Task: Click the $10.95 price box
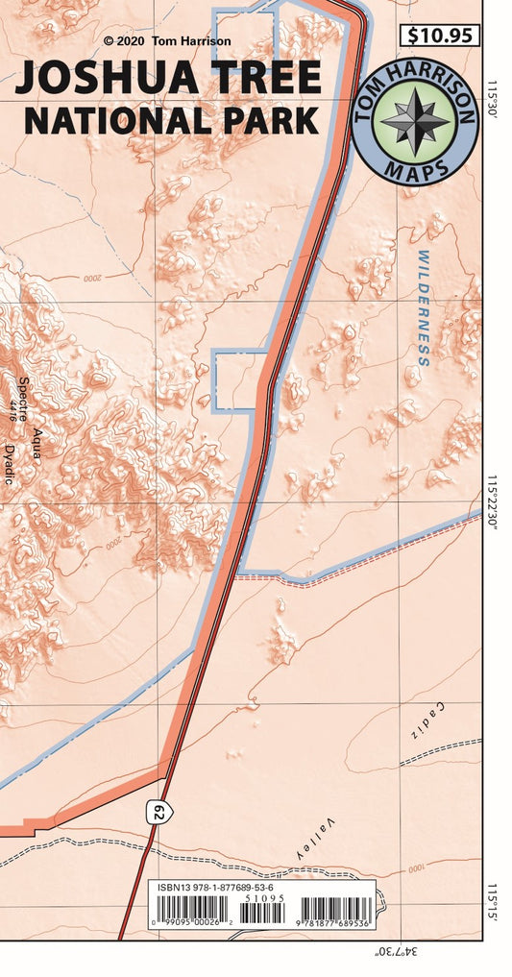click(x=439, y=37)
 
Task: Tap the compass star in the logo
click(x=414, y=121)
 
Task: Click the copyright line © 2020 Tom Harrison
click(x=167, y=41)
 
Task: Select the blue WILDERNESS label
click(x=423, y=308)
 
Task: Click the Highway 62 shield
click(x=159, y=813)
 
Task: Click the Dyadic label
click(x=9, y=464)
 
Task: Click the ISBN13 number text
click(x=215, y=889)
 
